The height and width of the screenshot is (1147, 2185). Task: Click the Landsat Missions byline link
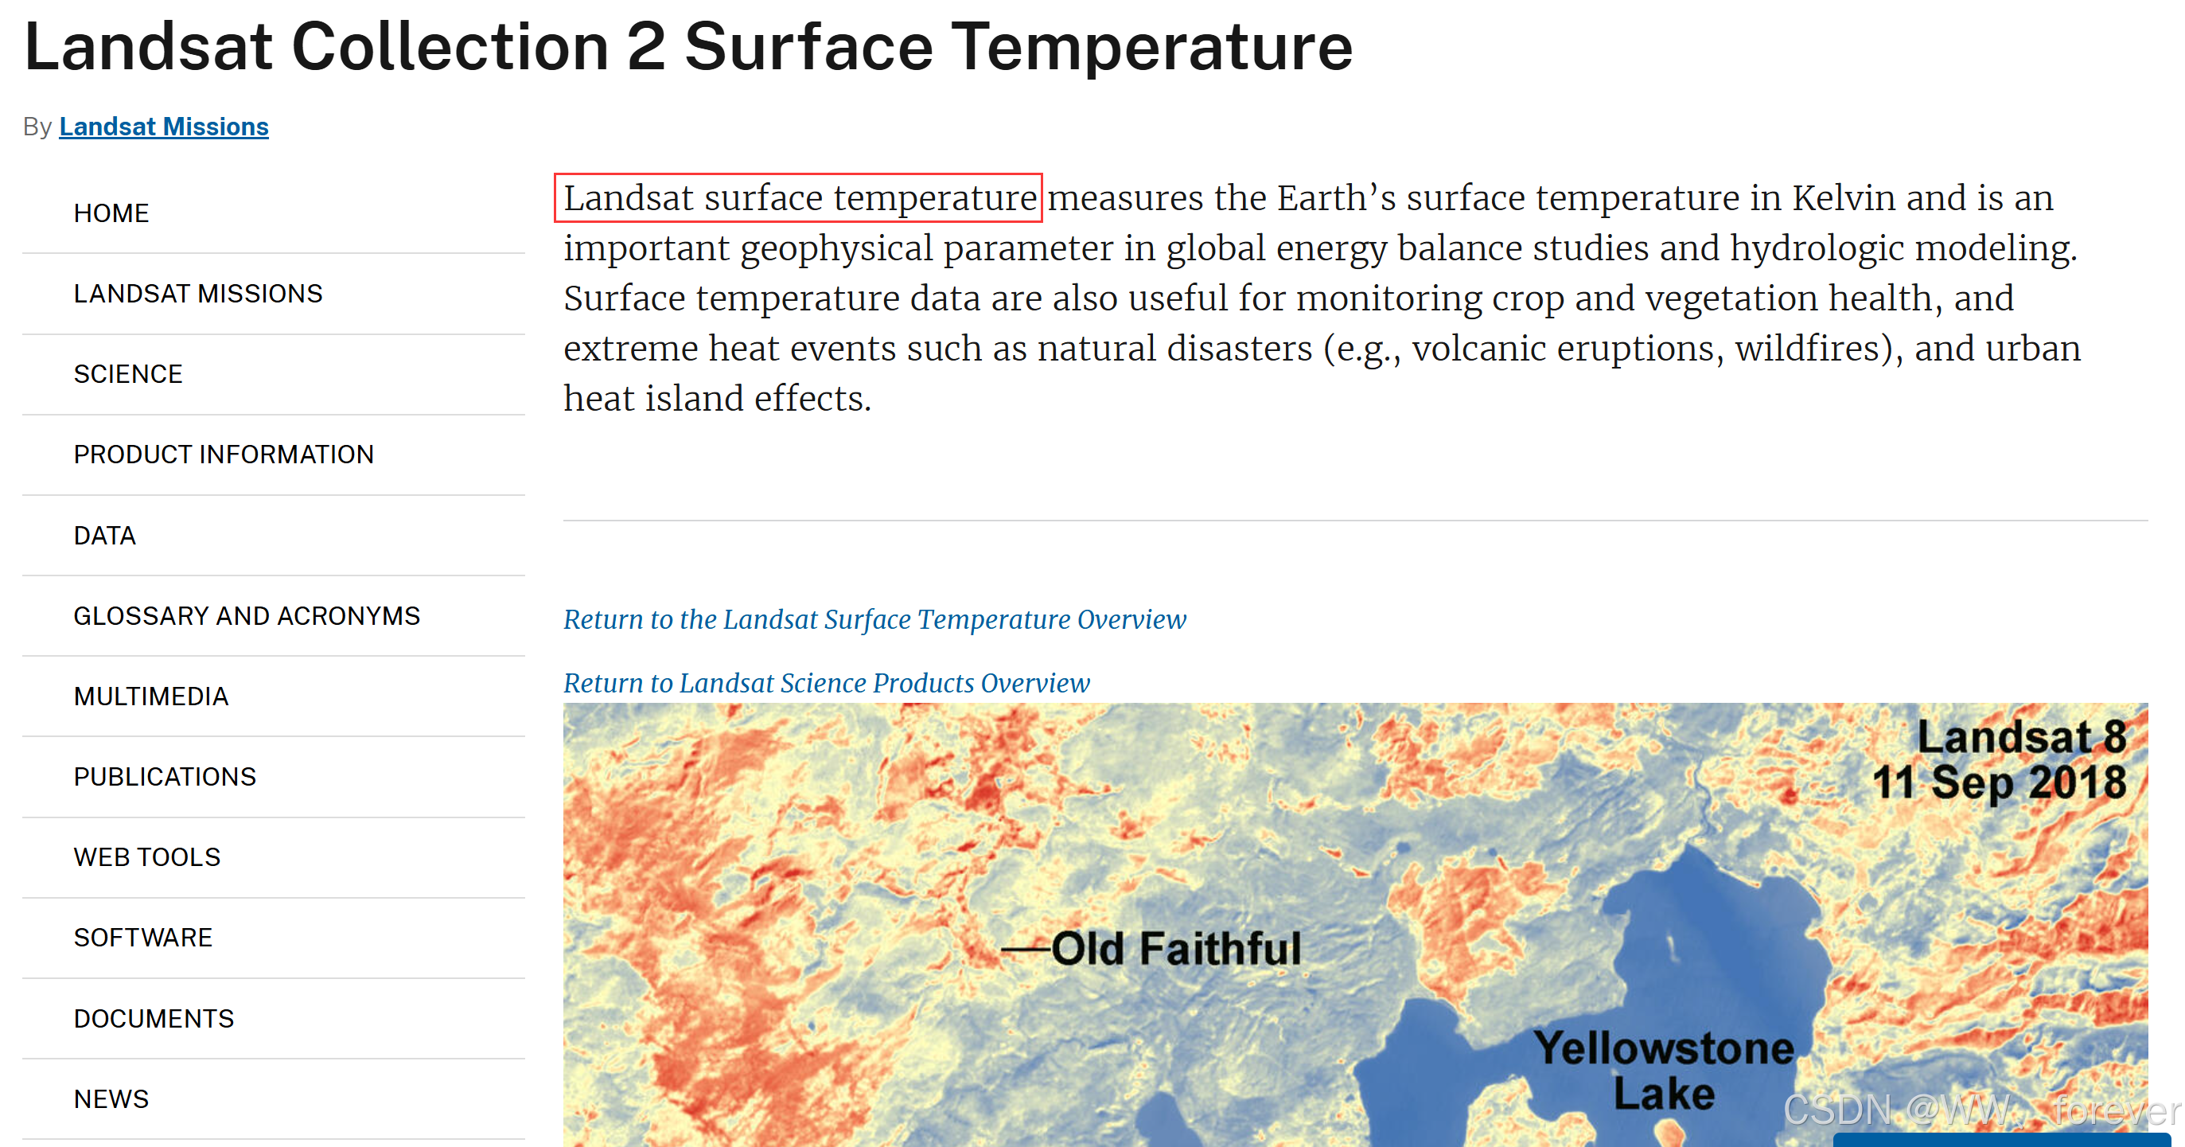(x=164, y=127)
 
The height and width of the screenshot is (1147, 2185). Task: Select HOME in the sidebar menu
(x=111, y=213)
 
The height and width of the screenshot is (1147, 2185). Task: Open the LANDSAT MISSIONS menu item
(x=197, y=294)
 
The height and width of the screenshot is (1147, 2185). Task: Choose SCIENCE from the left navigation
(x=128, y=374)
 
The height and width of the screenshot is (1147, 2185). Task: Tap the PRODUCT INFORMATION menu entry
(x=223, y=455)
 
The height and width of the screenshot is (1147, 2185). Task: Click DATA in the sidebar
(x=104, y=536)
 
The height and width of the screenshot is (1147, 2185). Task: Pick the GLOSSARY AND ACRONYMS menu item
(x=247, y=616)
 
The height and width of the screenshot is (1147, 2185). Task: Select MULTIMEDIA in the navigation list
(x=151, y=696)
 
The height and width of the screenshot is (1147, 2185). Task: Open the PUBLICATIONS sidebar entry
(x=165, y=777)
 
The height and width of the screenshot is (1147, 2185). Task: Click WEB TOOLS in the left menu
(x=146, y=856)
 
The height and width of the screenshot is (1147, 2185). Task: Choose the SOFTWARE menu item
(x=142, y=938)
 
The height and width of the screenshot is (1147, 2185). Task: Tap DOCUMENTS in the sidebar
(x=154, y=1018)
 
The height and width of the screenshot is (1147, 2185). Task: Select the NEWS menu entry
(x=111, y=1098)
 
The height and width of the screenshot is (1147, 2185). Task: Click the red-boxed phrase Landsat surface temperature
(x=799, y=197)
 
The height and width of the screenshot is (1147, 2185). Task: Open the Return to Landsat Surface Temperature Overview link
(x=874, y=619)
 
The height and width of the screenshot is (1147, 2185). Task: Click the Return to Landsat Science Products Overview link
(x=826, y=683)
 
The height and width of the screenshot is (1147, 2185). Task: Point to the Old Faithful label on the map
(x=1175, y=949)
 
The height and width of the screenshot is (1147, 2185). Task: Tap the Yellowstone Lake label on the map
(x=1663, y=1071)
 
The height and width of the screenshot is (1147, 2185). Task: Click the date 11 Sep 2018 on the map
(x=1998, y=782)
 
